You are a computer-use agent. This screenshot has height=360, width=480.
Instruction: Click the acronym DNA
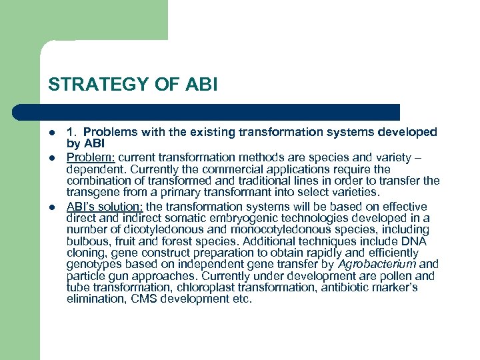[419, 241]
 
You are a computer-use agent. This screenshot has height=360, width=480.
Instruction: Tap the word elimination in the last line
[91, 299]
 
